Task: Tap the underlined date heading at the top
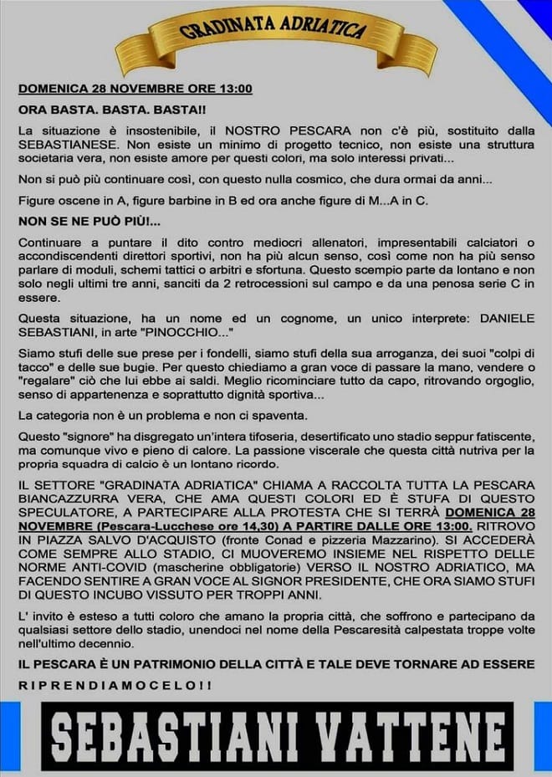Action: [x=135, y=88]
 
